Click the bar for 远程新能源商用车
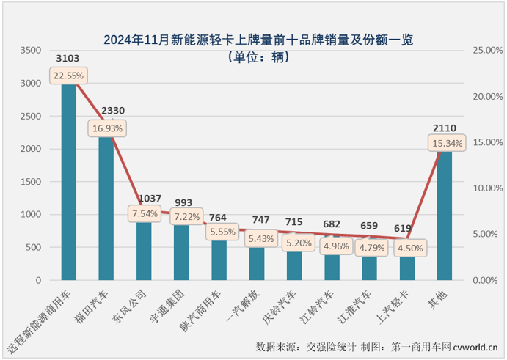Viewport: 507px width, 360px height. click(68, 183)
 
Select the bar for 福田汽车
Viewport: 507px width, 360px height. click(106, 213)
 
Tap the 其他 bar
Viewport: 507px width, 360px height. click(445, 220)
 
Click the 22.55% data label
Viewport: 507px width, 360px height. click(68, 76)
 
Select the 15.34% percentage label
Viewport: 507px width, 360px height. click(445, 143)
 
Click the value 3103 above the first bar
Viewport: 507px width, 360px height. click(68, 57)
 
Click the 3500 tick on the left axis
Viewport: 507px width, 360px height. click(31, 51)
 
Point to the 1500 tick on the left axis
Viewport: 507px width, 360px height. click(31, 182)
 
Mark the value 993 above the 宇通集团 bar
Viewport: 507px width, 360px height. click(182, 202)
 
